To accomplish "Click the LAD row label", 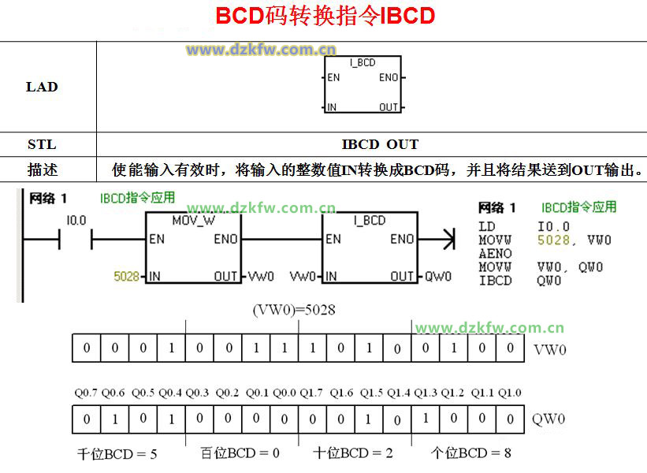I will (42, 87).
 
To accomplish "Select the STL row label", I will (42, 144).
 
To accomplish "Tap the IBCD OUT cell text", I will (380, 144).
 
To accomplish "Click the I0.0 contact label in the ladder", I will (76, 221).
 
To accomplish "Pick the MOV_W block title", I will (193, 221).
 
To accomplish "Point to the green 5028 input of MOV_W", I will (126, 276).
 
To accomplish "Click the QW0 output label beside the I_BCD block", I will (439, 276).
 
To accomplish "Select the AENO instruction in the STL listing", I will (495, 254).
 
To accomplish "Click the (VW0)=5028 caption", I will (294, 310).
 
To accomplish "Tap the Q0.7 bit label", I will (86, 393).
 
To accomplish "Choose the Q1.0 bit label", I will (511, 393).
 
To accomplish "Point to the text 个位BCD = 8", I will (471, 453).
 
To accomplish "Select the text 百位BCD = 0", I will (240, 453).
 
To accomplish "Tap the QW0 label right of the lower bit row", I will (549, 419).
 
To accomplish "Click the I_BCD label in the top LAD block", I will (363, 62).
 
